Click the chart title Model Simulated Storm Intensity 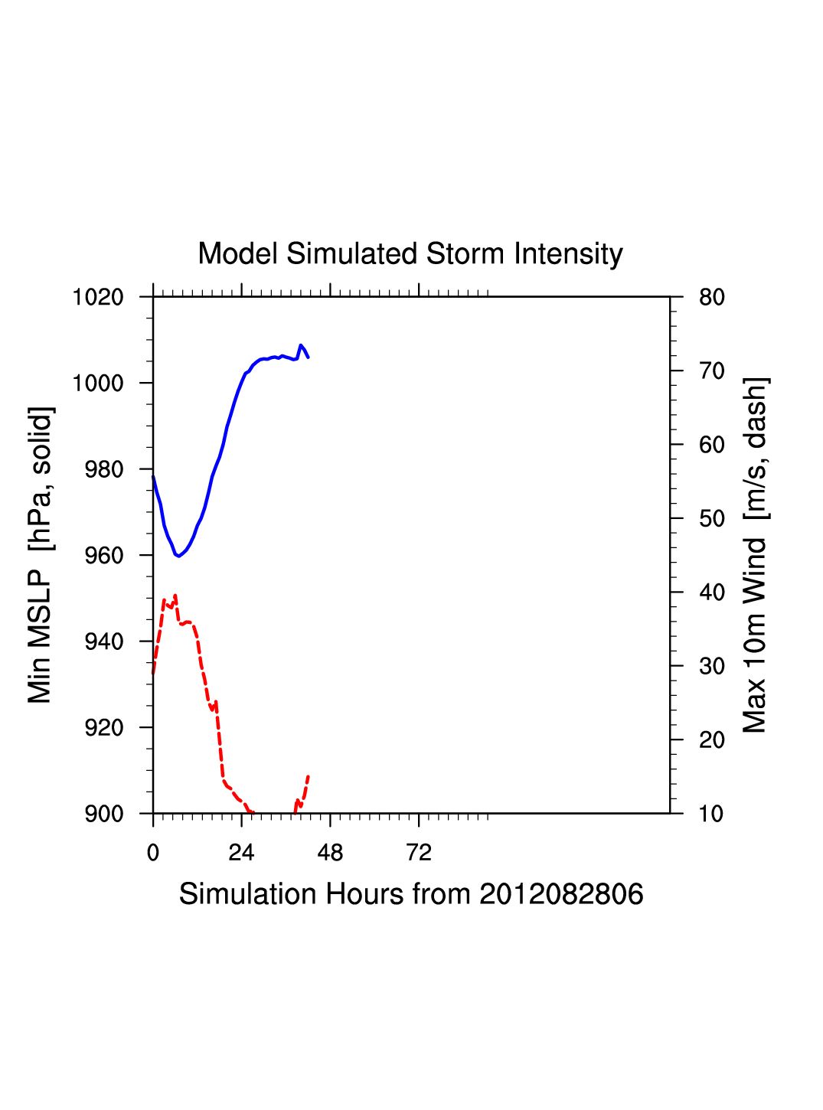(410, 254)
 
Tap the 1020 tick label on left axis (98, 297)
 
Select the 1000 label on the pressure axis (98, 383)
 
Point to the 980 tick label (104, 469)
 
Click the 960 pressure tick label (104, 555)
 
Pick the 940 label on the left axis (104, 642)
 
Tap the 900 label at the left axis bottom (104, 814)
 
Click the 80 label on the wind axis (712, 297)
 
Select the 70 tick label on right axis (712, 371)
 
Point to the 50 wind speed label (712, 519)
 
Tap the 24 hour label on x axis (241, 853)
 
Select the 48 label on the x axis (330, 853)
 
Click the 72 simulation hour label (419, 853)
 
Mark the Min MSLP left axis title (40, 555)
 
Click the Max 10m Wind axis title (755, 555)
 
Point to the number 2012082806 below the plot (561, 894)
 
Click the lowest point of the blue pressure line (178, 556)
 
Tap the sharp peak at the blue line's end (301, 345)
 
